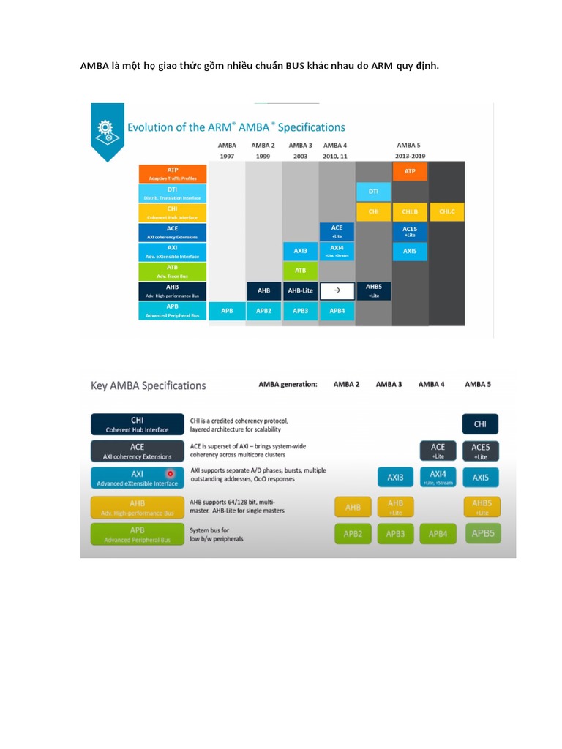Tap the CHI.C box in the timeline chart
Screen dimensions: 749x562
pyautogui.click(x=446, y=212)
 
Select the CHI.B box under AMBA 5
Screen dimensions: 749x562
pyautogui.click(x=410, y=212)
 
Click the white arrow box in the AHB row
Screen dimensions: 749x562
pyautogui.click(x=337, y=290)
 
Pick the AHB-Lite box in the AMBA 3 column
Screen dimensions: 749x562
pyautogui.click(x=300, y=290)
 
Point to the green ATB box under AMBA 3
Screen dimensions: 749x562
pyautogui.click(x=300, y=271)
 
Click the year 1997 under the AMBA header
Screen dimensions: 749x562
pyautogui.click(x=227, y=157)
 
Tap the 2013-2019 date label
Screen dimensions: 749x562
pyautogui.click(x=410, y=157)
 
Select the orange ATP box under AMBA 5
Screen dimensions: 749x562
pyautogui.click(x=410, y=172)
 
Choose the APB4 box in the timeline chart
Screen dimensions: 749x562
pyautogui.click(x=337, y=310)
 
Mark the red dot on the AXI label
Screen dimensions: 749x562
pyautogui.click(x=171, y=474)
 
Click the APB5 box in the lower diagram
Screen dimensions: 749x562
pyautogui.click(x=483, y=534)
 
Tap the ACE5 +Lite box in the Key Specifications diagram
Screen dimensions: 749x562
pyautogui.click(x=480, y=451)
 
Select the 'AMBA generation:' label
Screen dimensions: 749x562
pyautogui.click(x=288, y=384)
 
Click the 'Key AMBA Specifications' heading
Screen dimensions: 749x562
pyautogui.click(x=148, y=385)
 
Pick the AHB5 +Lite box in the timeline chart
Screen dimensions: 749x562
pyautogui.click(x=374, y=290)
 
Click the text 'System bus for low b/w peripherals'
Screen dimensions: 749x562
pyautogui.click(x=217, y=534)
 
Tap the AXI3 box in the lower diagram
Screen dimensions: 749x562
pyautogui.click(x=395, y=478)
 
